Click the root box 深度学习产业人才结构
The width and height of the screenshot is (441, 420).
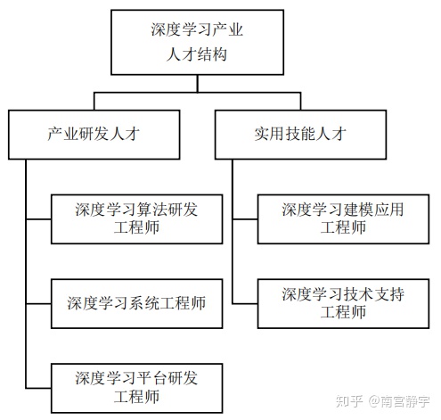coord(197,42)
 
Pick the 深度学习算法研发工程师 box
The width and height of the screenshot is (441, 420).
coord(136,218)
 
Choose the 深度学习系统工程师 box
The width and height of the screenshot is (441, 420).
coord(136,303)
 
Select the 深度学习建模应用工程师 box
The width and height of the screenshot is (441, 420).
coord(343,218)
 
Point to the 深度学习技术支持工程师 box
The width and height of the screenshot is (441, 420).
coord(343,303)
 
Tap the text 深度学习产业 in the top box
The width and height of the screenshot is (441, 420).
coord(197,30)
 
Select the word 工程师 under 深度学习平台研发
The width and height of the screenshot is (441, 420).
coord(136,398)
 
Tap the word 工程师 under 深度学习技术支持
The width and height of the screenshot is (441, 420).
coord(343,313)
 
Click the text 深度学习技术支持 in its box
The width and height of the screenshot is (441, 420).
coord(343,293)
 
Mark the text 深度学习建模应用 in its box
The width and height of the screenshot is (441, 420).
coord(343,210)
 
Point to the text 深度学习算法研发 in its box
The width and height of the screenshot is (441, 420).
coord(136,210)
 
